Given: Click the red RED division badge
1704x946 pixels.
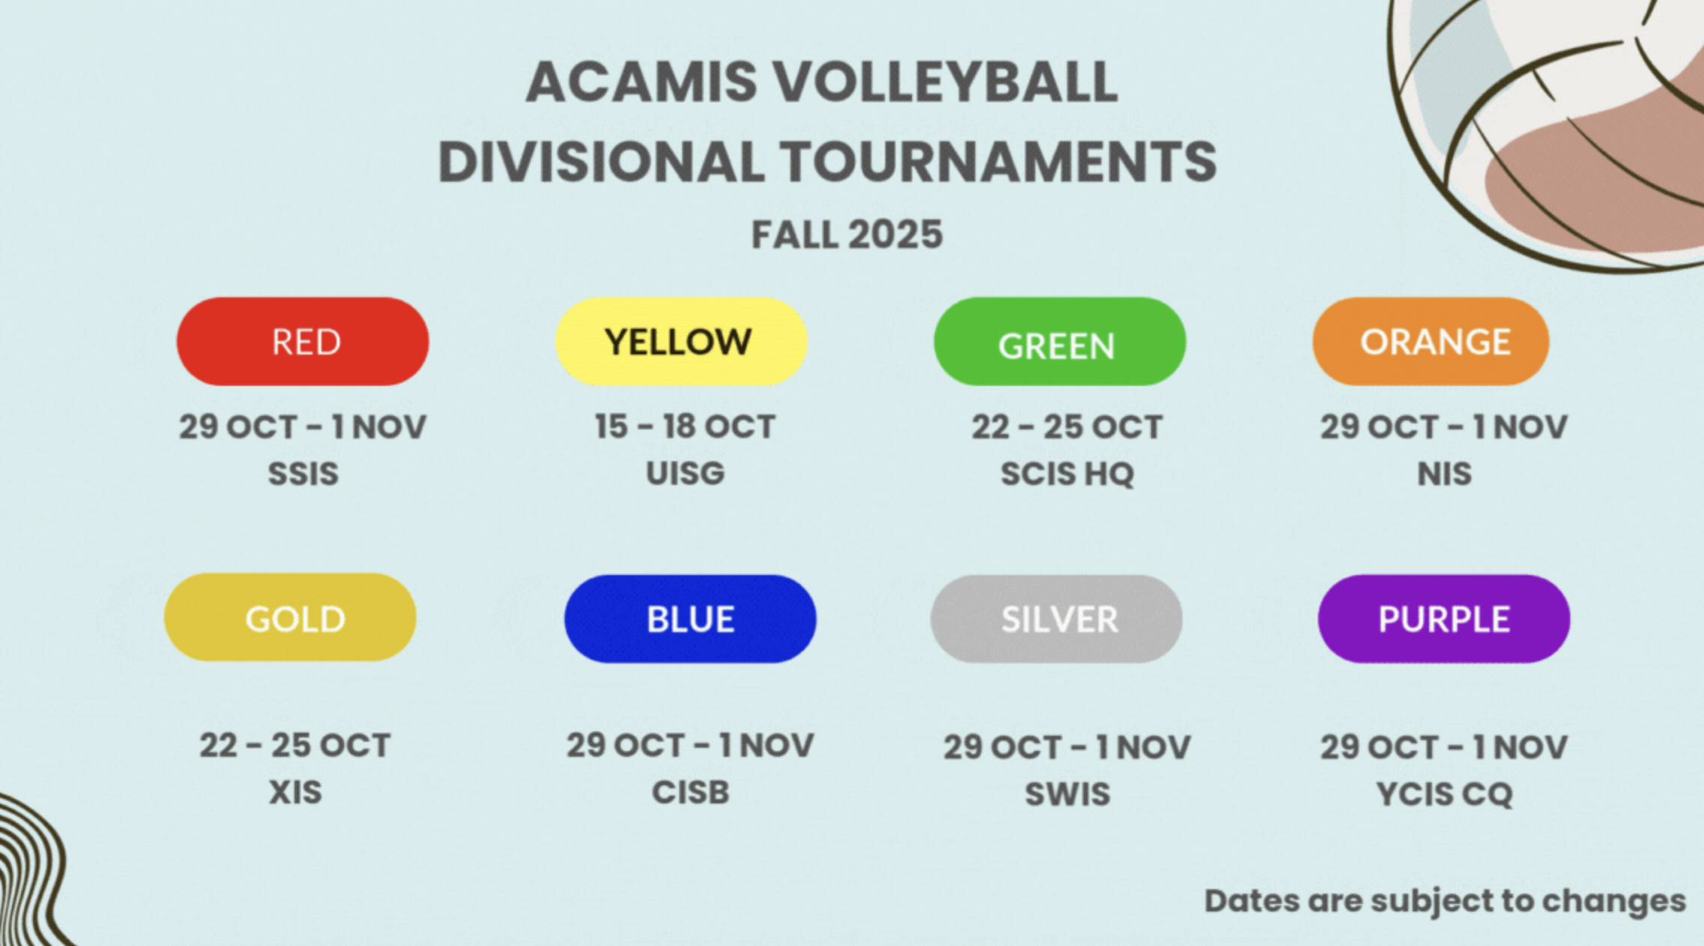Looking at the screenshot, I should [x=303, y=342].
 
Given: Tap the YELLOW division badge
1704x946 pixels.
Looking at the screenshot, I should [x=681, y=342].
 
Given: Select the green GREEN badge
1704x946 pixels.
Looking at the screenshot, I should [x=1059, y=342].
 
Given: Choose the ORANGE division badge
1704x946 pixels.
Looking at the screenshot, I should [x=1431, y=342].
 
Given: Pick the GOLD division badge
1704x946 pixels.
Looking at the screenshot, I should [x=290, y=618].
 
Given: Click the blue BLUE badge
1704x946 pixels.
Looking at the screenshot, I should [x=690, y=619].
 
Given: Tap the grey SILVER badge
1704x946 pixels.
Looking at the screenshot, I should [x=1056, y=619].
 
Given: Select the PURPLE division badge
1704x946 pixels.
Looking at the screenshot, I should [x=1443, y=619].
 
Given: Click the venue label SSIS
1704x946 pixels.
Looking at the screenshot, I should [x=304, y=474].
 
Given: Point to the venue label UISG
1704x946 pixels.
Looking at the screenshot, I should [x=685, y=474].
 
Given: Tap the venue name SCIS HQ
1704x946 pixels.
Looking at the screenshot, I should [x=1067, y=474].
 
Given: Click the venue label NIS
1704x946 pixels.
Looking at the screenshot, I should [x=1444, y=474].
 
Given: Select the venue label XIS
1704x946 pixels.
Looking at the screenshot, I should [x=295, y=792].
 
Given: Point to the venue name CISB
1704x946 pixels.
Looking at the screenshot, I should [x=690, y=792].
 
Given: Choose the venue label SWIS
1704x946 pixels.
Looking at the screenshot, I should [x=1067, y=794].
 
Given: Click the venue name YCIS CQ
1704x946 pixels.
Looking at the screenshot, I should [x=1444, y=794].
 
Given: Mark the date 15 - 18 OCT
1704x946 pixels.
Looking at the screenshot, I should [x=684, y=426].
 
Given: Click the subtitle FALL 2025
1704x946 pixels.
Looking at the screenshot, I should [x=847, y=235].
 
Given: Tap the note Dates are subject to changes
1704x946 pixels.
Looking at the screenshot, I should [x=1444, y=901].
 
